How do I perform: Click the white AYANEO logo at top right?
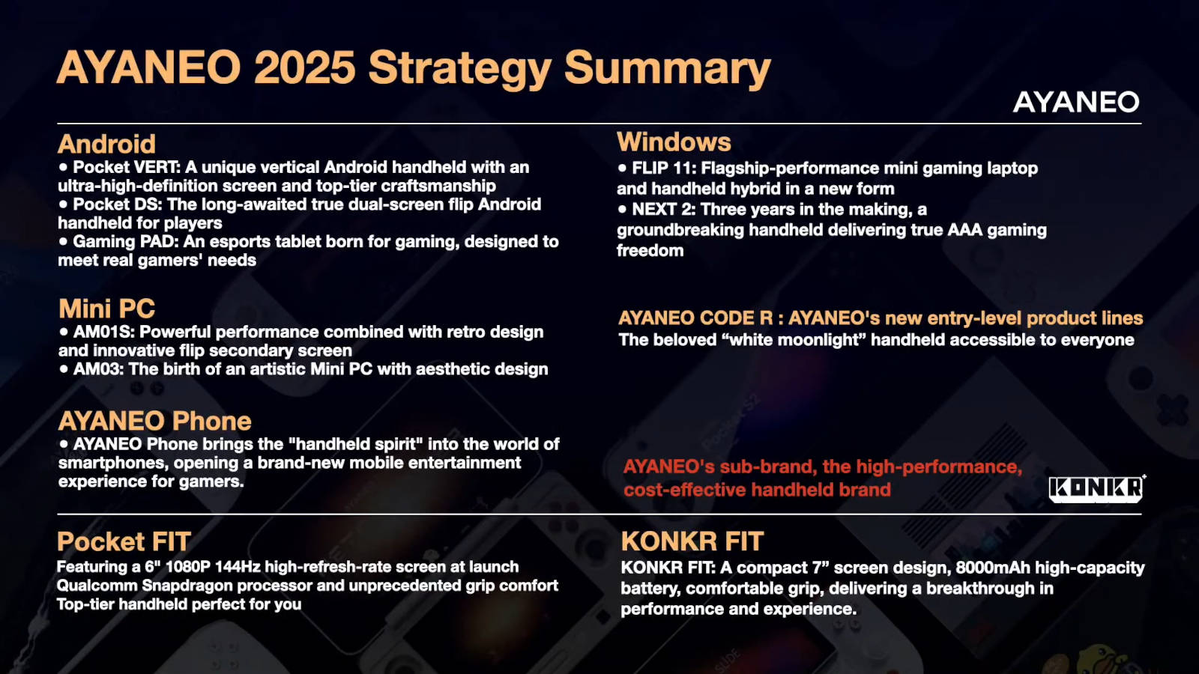[x=1076, y=102]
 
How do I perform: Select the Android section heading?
[x=106, y=144]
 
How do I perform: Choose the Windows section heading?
[x=674, y=142]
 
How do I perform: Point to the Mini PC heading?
[x=107, y=309]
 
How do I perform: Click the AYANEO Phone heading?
[x=154, y=421]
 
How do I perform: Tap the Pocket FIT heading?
[x=124, y=541]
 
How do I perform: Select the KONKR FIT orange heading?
[x=692, y=541]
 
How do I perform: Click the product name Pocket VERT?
[x=126, y=168]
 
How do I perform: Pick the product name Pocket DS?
[x=117, y=204]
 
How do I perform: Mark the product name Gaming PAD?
[x=124, y=242]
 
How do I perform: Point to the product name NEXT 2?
[x=663, y=209]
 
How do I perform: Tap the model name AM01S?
[x=103, y=333]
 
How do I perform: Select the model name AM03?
[x=98, y=369]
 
